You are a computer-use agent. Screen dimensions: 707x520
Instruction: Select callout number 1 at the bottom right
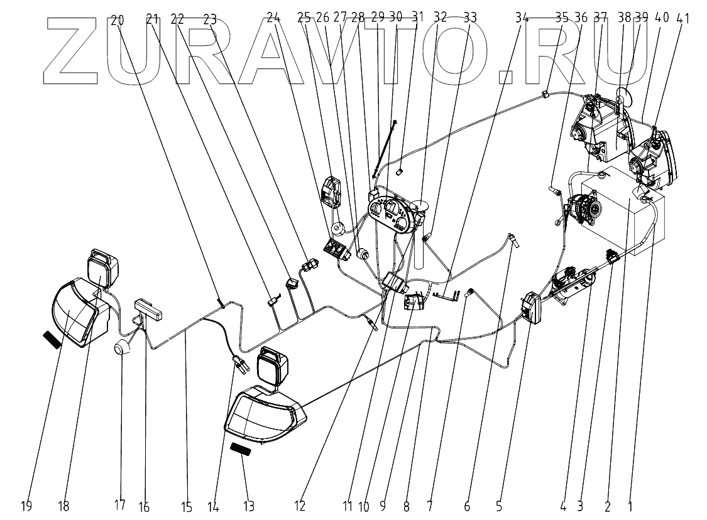coord(630,504)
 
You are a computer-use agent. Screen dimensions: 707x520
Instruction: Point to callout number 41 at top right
coord(683,19)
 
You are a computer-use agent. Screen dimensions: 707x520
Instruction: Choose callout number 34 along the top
coord(521,19)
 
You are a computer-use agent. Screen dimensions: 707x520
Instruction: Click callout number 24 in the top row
coord(273,19)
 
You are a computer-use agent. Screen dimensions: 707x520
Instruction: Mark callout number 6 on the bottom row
coord(468,504)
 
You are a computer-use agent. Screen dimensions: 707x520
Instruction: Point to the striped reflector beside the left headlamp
coord(51,339)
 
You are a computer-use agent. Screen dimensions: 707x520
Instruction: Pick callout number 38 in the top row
coord(624,19)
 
